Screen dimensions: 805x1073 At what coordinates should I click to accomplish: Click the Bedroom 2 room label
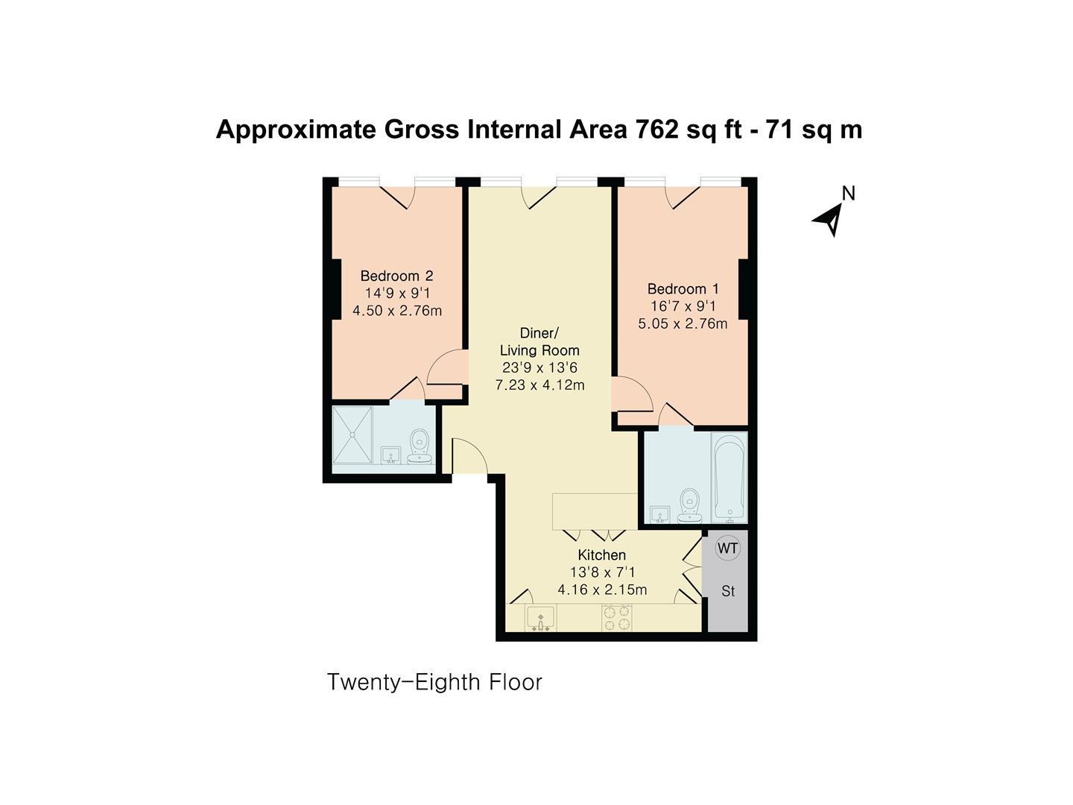(396, 276)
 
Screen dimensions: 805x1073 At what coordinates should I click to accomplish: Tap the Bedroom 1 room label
(683, 288)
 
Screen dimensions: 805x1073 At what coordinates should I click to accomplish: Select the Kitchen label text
(601, 555)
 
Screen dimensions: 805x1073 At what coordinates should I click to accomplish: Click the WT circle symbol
(727, 549)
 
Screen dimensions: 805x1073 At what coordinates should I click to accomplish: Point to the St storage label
(728, 591)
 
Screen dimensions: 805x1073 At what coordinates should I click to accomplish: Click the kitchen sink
(539, 619)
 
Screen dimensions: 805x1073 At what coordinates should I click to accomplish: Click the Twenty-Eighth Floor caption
(434, 682)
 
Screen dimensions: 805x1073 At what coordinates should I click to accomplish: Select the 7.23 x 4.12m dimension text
(539, 385)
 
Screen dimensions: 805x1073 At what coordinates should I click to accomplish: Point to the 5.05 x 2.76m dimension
(683, 323)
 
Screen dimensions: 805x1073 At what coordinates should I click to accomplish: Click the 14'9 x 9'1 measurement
(396, 294)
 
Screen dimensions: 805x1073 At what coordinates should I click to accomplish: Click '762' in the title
(657, 130)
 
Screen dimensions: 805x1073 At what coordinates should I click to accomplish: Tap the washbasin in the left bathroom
(390, 455)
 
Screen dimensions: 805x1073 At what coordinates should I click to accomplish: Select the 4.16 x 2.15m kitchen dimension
(602, 590)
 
